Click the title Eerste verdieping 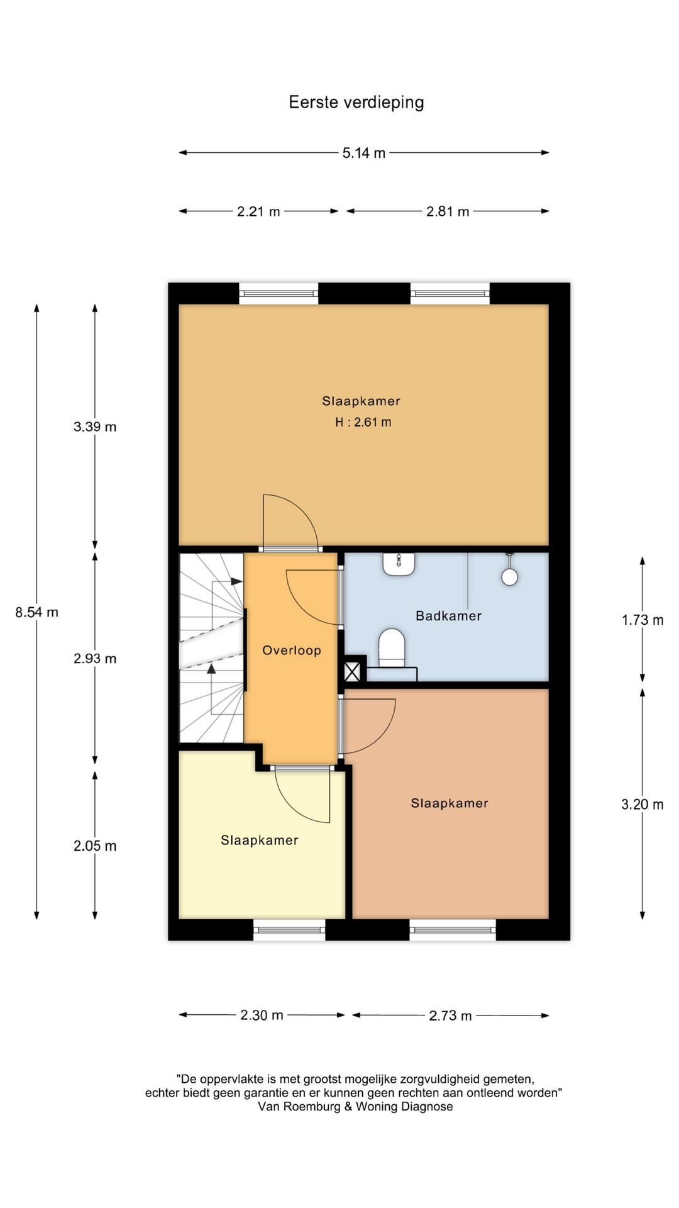(x=356, y=103)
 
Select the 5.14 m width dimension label (x=364, y=153)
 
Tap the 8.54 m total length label (x=37, y=612)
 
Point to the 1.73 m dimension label (x=643, y=620)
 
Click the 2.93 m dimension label (x=95, y=659)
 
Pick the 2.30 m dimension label (x=262, y=1015)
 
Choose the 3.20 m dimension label (x=643, y=804)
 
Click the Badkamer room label (x=449, y=616)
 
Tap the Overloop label (x=292, y=651)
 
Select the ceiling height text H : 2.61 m (x=363, y=422)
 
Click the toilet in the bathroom (x=392, y=647)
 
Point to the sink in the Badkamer (x=399, y=564)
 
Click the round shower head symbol (x=510, y=576)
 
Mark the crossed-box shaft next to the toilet (x=352, y=672)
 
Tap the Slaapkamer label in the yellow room (x=259, y=841)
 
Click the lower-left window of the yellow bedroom (x=289, y=930)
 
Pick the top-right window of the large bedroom (x=450, y=293)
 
